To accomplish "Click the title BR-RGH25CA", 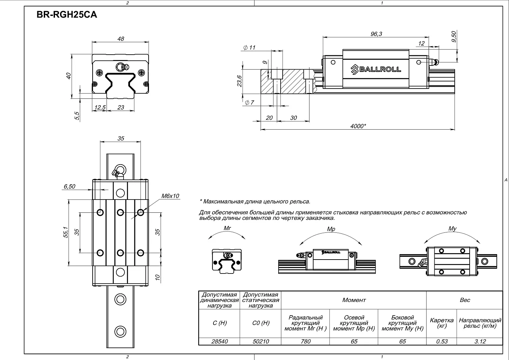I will (x=67, y=15).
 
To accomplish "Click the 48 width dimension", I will (x=120, y=39).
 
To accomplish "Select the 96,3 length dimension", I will (x=376, y=34).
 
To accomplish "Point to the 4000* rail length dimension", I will (x=358, y=126).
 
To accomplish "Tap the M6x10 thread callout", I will (x=170, y=196).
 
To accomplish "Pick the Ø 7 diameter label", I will (x=249, y=102).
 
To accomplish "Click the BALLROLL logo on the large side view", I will (x=376, y=69).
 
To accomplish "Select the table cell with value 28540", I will (x=220, y=341).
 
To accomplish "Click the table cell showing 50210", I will (x=261, y=341).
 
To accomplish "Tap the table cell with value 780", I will (x=305, y=341).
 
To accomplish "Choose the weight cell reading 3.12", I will (x=480, y=341).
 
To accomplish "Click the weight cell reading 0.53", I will (x=441, y=341).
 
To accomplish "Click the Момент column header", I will (x=354, y=300).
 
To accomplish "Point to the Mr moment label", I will (x=227, y=228).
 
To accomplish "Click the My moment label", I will (x=452, y=229).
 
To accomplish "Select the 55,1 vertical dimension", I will (x=66, y=232).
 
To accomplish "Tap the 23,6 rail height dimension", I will (x=240, y=81).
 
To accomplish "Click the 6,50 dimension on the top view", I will (x=69, y=186).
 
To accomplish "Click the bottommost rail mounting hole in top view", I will (x=120, y=331).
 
